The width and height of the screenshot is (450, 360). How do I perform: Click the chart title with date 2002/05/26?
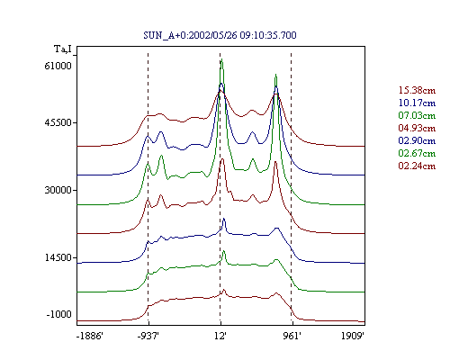220,35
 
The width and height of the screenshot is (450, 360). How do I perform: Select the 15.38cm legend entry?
417,90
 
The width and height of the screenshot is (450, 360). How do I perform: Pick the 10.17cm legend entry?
417,103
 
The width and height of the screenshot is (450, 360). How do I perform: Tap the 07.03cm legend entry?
417,115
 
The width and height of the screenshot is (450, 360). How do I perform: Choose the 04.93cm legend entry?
417,128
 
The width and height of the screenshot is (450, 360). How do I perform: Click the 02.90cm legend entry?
417,140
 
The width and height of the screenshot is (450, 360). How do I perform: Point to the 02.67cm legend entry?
417,153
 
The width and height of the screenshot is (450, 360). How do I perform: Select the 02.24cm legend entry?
417,166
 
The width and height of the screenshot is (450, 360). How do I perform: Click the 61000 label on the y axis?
58,66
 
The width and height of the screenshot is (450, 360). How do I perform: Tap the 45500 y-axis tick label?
58,122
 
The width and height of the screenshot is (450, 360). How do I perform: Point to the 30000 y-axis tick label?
58,190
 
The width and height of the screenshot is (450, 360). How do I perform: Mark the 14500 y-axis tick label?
58,257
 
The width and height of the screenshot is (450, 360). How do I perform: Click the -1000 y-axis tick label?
58,314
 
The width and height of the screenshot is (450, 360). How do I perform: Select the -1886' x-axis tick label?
90,336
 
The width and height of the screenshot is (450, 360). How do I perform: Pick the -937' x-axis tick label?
148,336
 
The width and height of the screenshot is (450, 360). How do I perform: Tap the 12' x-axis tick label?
220,336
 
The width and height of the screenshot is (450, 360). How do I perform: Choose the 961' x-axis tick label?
292,336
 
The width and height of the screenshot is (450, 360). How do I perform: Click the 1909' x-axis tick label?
353,336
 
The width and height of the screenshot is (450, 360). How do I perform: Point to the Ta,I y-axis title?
63,49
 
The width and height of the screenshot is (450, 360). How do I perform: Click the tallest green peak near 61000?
221,59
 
